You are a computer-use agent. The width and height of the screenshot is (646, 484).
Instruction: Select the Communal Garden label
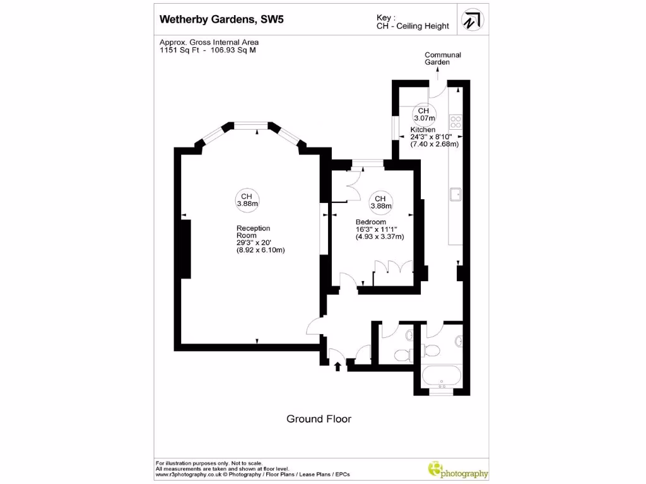pyautogui.click(x=442, y=59)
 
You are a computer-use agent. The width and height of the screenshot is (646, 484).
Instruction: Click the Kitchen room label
pyautogui.click(x=423, y=129)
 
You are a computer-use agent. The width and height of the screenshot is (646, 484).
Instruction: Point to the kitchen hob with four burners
pyautogui.click(x=455, y=122)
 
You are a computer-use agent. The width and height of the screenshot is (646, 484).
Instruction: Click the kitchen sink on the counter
pyautogui.click(x=455, y=194)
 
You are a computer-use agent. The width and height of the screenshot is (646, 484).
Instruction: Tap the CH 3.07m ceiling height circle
pyautogui.click(x=424, y=114)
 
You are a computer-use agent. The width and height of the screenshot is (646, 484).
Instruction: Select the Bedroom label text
pyautogui.click(x=371, y=222)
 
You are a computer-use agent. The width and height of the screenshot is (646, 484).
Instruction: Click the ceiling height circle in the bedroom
pyautogui.click(x=380, y=202)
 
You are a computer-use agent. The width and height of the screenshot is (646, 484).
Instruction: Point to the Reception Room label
pyautogui.click(x=254, y=231)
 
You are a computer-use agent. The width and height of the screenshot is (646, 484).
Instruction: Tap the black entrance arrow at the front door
pyautogui.click(x=338, y=366)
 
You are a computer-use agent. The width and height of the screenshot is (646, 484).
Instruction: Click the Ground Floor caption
pyautogui.click(x=319, y=418)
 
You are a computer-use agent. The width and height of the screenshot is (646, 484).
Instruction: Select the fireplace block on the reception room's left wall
pyautogui.click(x=186, y=248)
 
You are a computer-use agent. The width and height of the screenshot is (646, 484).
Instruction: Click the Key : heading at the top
pyautogui.click(x=385, y=18)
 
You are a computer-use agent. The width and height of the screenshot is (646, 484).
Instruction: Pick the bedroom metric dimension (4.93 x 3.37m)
pyautogui.click(x=380, y=237)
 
